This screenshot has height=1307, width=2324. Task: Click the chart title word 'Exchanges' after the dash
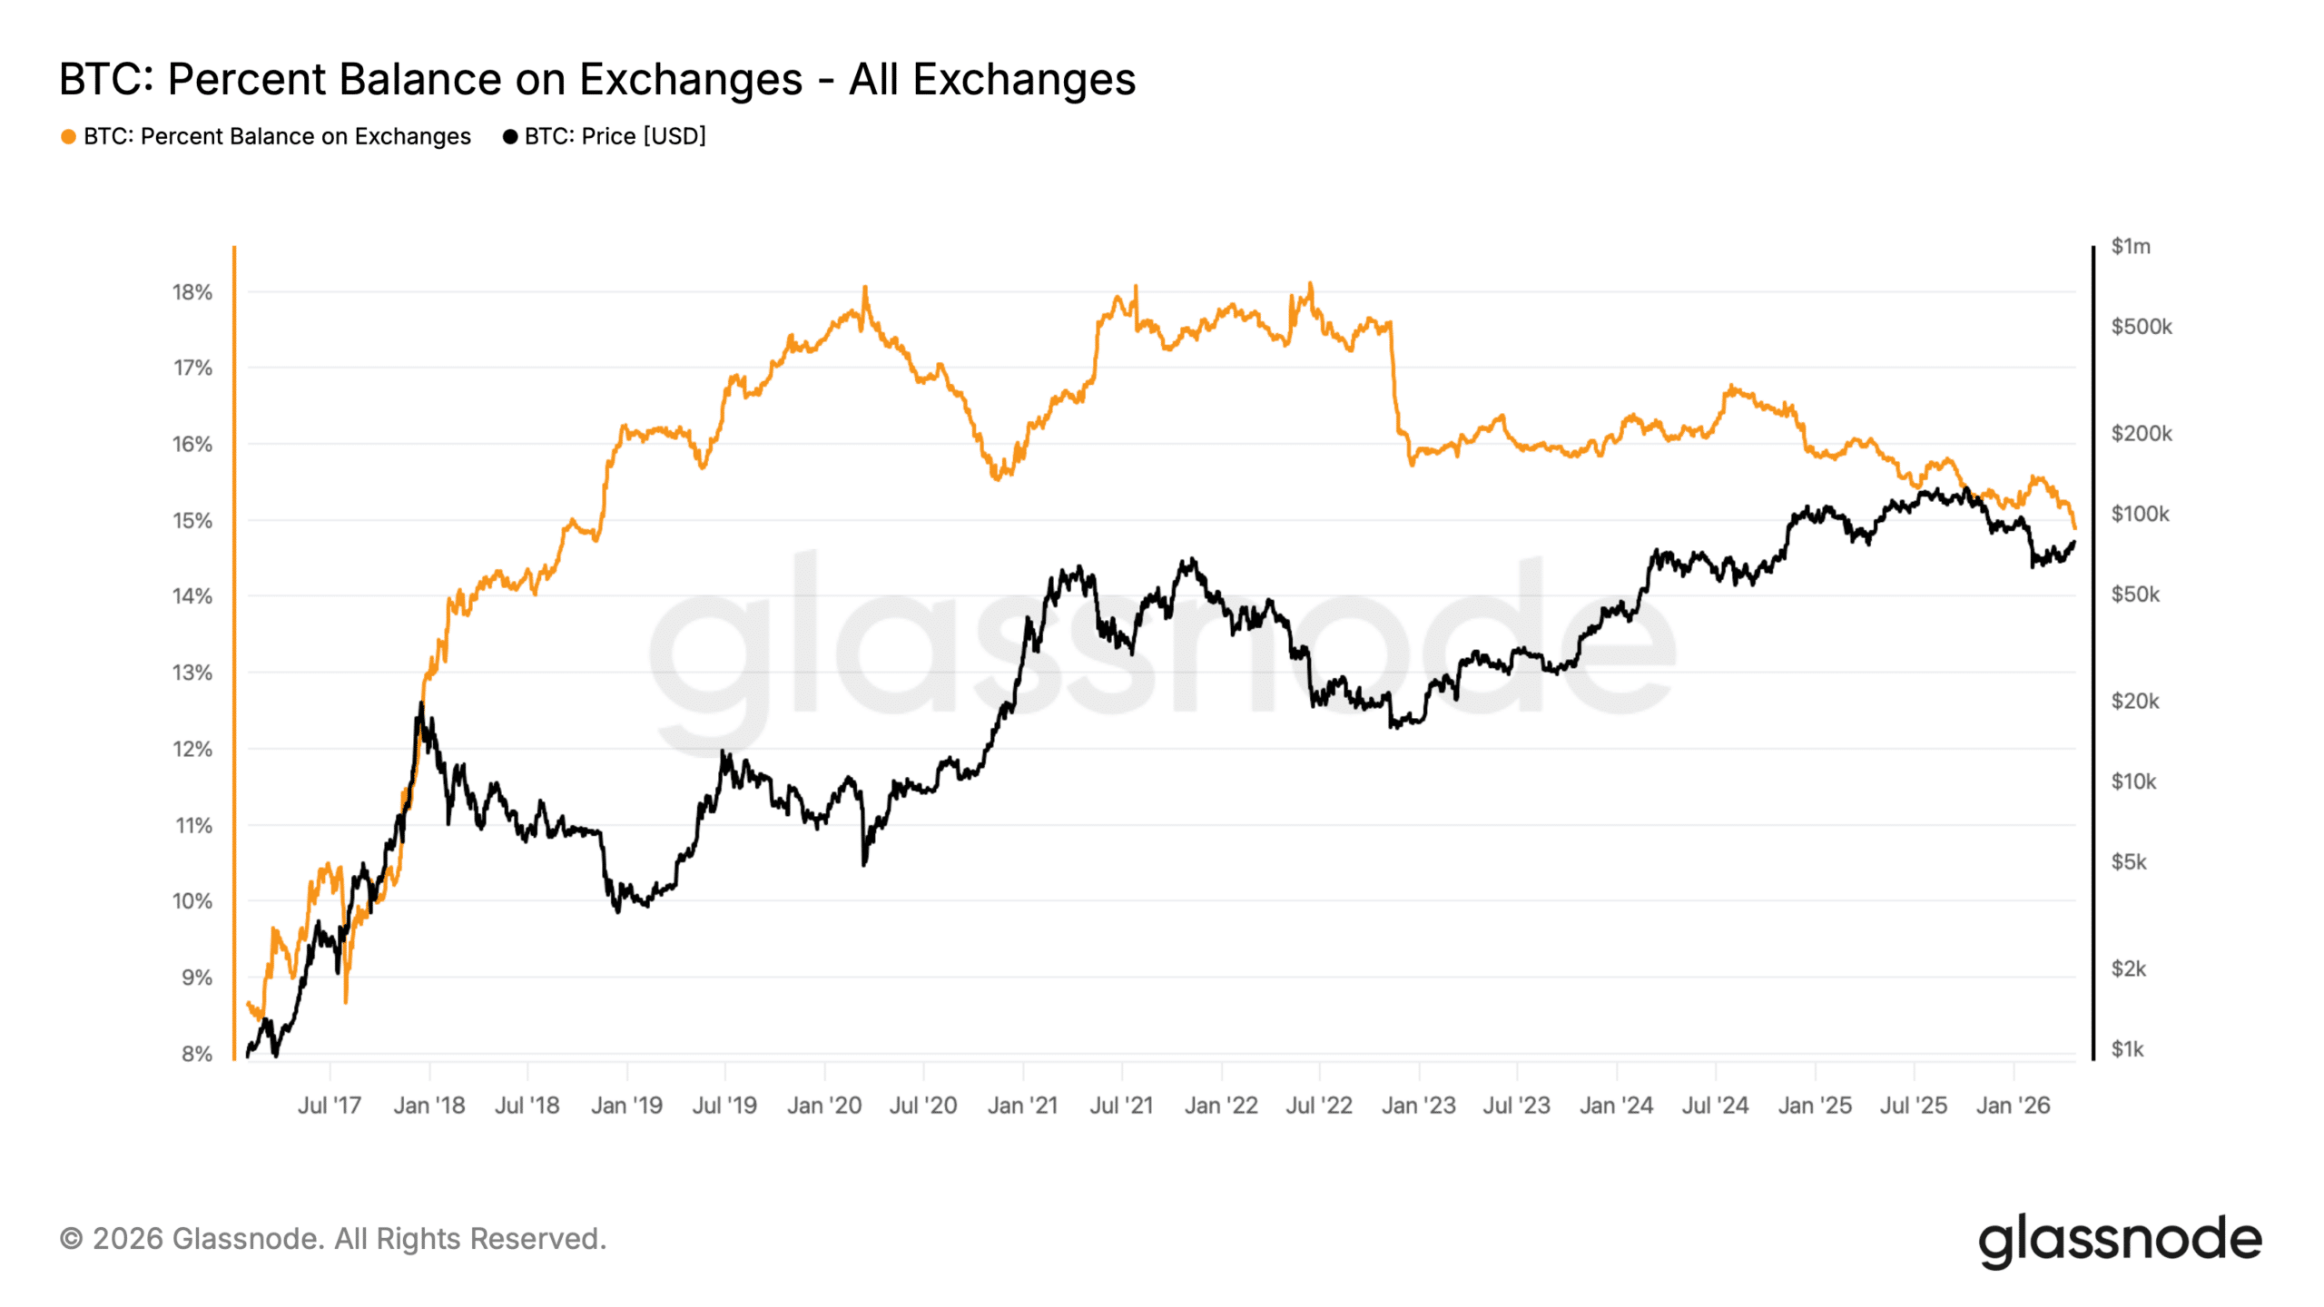click(x=1024, y=79)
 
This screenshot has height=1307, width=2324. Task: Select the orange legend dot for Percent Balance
click(x=68, y=137)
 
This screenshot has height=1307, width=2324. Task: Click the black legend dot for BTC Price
click(x=510, y=137)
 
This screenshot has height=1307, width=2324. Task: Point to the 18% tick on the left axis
click(x=192, y=292)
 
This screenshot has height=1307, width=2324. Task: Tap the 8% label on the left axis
click(x=196, y=1054)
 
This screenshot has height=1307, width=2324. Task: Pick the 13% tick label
click(x=192, y=673)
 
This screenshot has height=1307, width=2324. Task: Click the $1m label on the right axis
click(x=2130, y=246)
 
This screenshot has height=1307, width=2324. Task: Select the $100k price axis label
click(x=2140, y=514)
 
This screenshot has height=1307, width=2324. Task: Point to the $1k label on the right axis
click(x=2127, y=1049)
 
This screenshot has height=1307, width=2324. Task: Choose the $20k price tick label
click(x=2134, y=701)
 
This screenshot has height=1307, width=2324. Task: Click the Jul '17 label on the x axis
click(x=330, y=1106)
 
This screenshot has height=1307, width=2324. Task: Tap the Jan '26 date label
click(x=2013, y=1106)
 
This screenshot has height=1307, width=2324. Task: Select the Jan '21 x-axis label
click(x=1022, y=1106)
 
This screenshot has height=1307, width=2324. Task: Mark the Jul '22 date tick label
click(x=1319, y=1106)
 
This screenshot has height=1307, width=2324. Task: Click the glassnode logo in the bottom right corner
click(x=2120, y=1240)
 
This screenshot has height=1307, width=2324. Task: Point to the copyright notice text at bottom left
click(x=332, y=1239)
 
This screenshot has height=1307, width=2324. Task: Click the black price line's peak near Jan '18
click(x=421, y=703)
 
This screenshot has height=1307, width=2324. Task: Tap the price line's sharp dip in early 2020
click(x=863, y=864)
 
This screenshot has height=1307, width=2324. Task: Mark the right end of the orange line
click(x=2074, y=527)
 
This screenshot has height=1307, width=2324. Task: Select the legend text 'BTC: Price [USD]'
click(x=615, y=137)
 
